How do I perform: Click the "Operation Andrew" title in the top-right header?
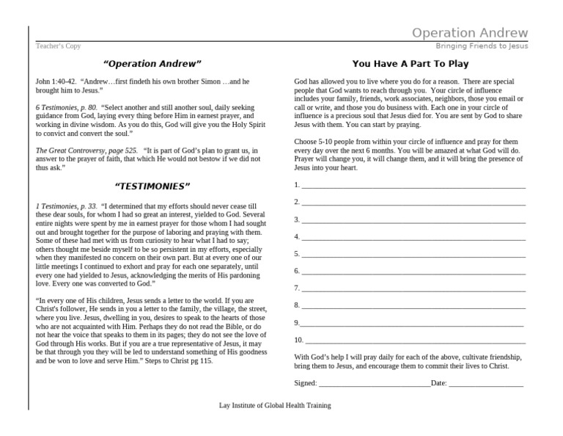pyautogui.click(x=469, y=33)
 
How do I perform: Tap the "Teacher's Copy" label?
pyautogui.click(x=59, y=46)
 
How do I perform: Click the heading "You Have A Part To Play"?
pyautogui.click(x=410, y=64)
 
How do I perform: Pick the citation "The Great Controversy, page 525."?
pyautogui.click(x=87, y=150)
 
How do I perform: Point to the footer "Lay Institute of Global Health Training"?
pyautogui.click(x=275, y=405)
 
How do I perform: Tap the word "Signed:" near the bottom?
pyautogui.click(x=306, y=383)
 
